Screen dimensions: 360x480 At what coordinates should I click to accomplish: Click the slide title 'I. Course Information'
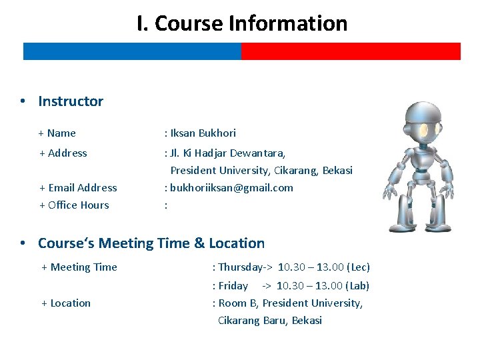pos(242,23)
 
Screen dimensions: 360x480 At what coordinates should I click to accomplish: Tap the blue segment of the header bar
pos(132,51)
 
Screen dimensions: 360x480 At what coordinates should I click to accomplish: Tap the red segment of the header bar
pos(351,51)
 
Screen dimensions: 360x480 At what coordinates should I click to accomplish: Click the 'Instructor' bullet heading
pos(71,101)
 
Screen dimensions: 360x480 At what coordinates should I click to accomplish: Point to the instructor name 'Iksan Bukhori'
pos(203,133)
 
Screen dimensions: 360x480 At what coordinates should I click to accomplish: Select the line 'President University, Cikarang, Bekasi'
pos(261,170)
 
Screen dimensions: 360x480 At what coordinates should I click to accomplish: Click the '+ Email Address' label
pos(78,187)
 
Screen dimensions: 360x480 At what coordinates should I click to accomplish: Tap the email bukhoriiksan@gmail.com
pos(231,187)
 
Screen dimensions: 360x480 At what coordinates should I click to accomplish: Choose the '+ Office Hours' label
pos(74,205)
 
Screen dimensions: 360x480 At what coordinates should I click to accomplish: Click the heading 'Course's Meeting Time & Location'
pos(151,243)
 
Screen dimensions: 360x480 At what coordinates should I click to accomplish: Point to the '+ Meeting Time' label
pos(79,267)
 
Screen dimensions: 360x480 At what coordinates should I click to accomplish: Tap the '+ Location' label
pos(66,303)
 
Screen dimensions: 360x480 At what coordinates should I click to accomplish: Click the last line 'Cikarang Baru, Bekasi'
pos(270,320)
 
